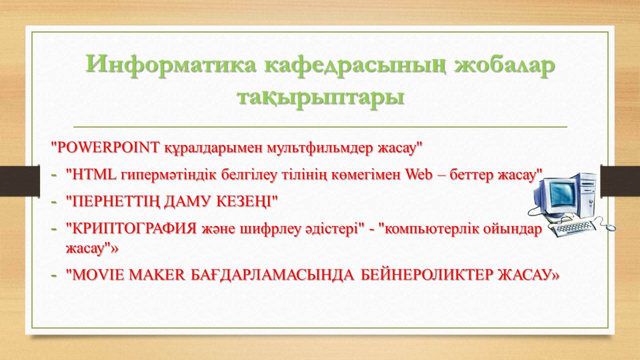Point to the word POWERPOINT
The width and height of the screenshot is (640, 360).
(x=107, y=147)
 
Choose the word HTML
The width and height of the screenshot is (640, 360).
(x=94, y=174)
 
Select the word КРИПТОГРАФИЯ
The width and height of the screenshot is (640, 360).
(x=134, y=229)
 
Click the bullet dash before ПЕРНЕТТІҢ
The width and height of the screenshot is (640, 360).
(x=54, y=201)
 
